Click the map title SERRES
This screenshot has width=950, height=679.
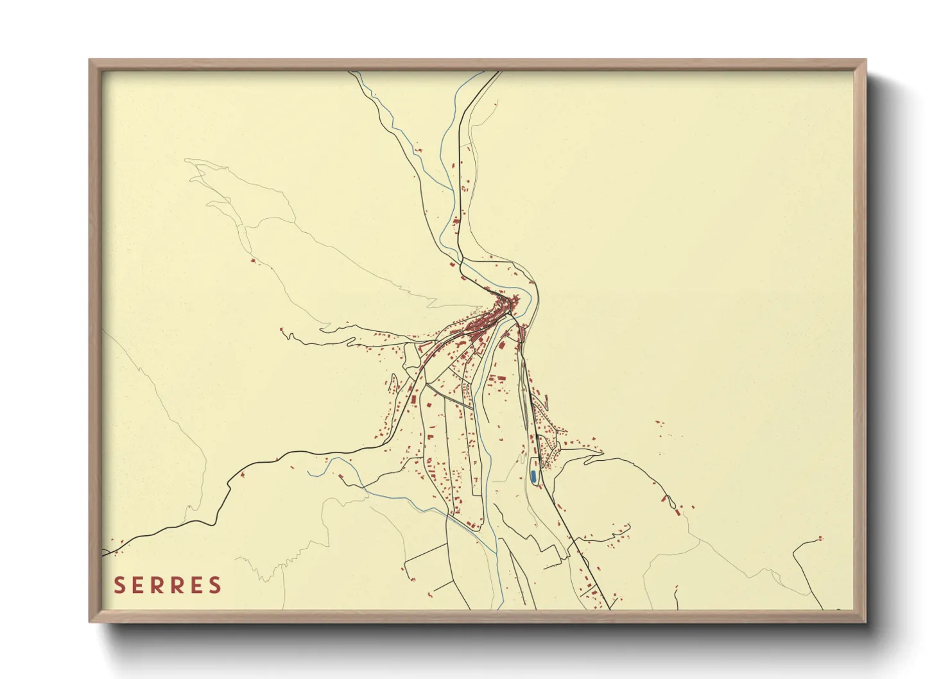tap(168, 585)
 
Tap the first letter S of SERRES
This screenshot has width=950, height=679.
tap(119, 585)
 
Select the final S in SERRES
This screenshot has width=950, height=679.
tap(215, 585)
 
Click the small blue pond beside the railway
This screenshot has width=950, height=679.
tap(533, 477)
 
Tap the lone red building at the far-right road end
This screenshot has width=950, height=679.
tap(820, 538)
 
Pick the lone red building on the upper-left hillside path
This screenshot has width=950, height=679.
tap(252, 261)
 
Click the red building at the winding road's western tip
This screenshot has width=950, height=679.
tap(281, 330)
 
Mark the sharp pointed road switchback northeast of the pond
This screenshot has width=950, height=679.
tap(601, 452)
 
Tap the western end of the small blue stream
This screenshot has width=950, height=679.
tap(308, 474)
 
